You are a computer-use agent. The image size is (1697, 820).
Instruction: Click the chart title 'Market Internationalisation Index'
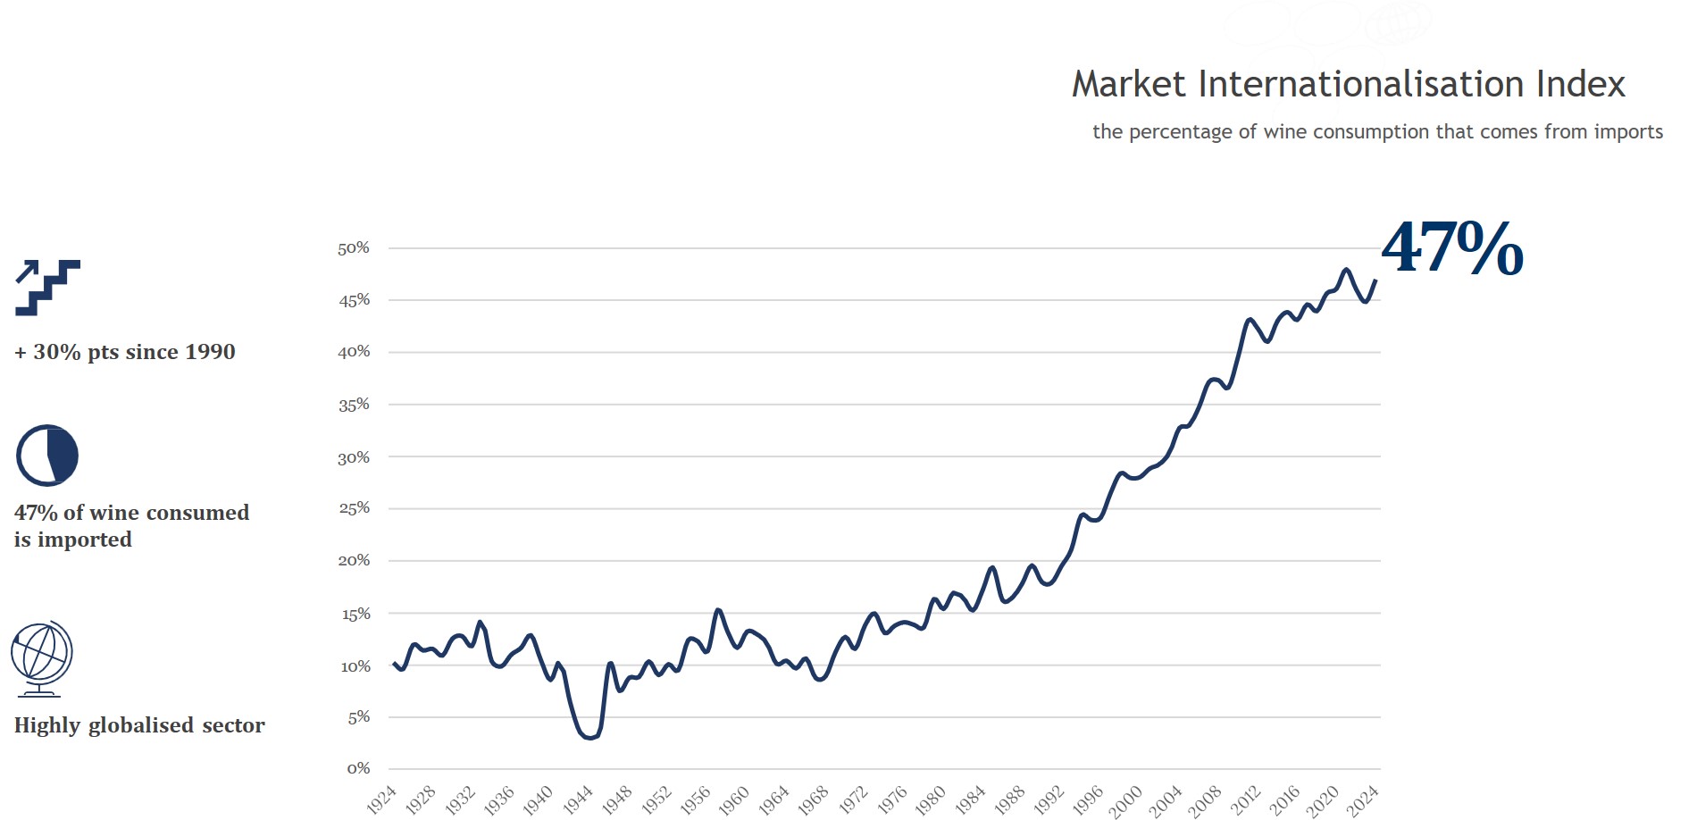coord(1348,85)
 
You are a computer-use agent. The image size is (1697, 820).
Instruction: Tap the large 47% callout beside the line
coord(1452,248)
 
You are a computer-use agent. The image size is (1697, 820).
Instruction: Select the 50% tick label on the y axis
coord(354,248)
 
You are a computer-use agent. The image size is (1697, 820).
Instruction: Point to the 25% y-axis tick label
coord(354,508)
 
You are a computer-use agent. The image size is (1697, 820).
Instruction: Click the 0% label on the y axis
coord(358,768)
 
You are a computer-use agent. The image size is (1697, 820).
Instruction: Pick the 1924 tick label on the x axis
coord(381,799)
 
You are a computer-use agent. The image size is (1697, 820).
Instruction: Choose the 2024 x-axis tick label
coord(1363,800)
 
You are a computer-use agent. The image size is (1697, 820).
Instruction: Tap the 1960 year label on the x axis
coord(734,800)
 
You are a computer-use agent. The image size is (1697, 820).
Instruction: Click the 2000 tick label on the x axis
coord(1126,800)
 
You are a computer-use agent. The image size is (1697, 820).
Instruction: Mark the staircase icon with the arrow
coord(48,288)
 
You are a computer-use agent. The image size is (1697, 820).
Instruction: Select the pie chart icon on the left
coord(47,456)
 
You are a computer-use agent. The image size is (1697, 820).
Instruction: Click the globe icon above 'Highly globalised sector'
coord(41,658)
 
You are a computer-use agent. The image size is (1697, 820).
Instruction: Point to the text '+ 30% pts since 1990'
coord(125,352)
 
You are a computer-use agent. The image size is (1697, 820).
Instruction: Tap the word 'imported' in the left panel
coord(85,540)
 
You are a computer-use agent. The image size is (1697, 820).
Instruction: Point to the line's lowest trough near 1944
coord(589,738)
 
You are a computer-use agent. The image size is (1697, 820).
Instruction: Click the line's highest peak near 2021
coord(1346,269)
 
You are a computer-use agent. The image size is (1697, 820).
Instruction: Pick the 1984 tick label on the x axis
coord(970,800)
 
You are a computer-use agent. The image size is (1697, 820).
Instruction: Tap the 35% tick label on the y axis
coord(354,405)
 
